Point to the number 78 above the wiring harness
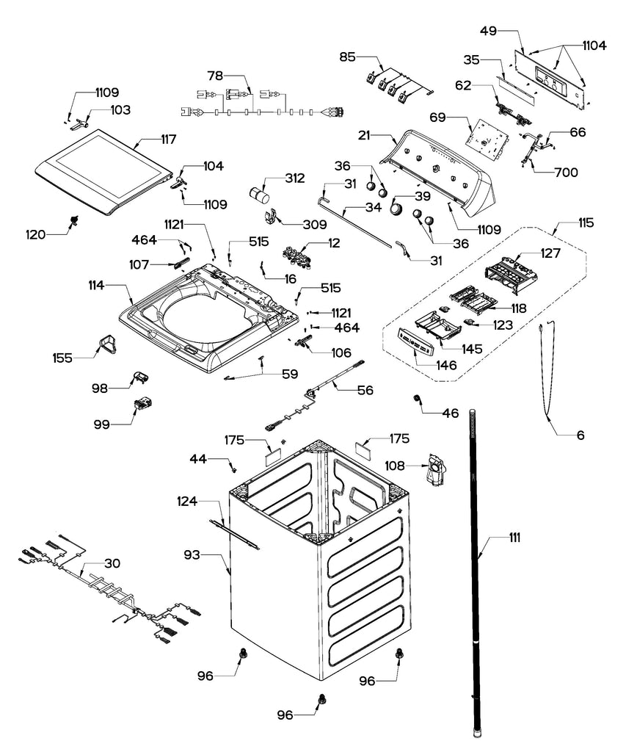214,75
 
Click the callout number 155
62,358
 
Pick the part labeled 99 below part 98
142,403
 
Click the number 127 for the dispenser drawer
550,253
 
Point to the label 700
566,173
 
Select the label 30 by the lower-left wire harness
112,563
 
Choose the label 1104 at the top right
594,46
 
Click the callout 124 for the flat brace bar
188,501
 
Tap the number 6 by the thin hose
580,435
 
